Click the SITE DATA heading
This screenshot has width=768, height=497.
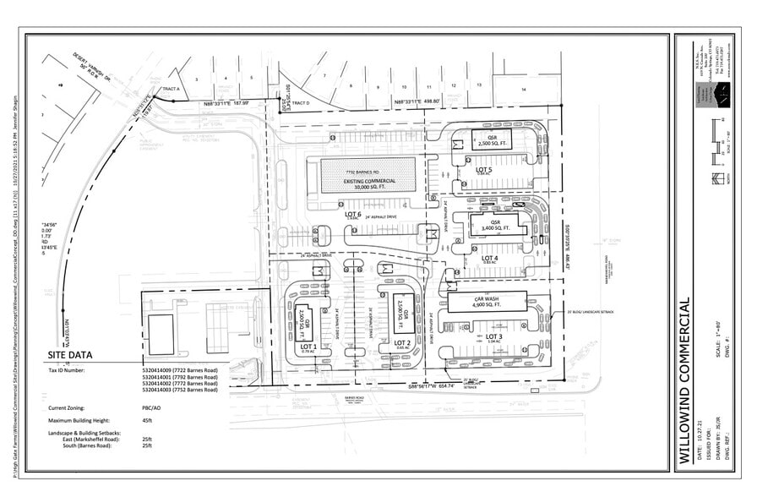tap(70, 355)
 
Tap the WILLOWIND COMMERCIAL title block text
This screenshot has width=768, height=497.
tap(685, 380)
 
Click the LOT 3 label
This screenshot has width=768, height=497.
tap(494, 336)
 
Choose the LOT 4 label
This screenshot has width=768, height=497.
tap(489, 258)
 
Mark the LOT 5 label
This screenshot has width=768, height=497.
tap(483, 170)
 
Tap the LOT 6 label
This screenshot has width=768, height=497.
tap(353, 215)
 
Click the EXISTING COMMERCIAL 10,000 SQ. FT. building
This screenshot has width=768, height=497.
tap(368, 175)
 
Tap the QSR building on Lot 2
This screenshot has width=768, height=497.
tap(403, 311)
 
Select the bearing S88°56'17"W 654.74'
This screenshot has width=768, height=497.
tap(432, 385)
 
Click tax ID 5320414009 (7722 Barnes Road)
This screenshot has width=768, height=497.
tap(181, 370)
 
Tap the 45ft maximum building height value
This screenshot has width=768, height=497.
tap(148, 421)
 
